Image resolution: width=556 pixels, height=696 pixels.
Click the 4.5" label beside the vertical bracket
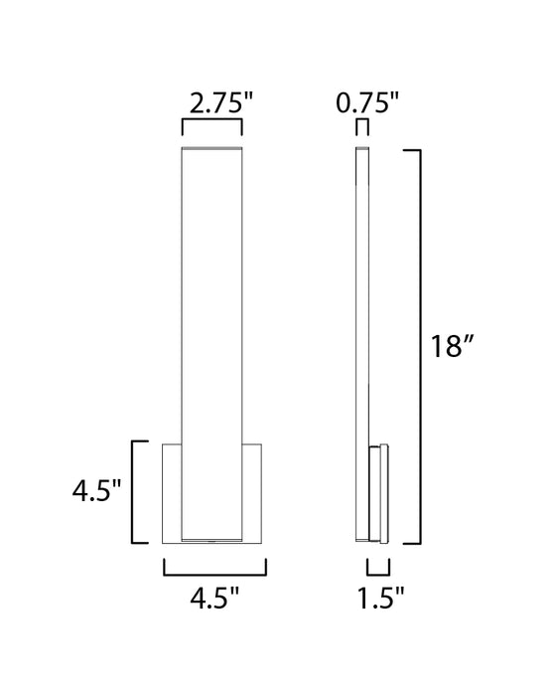tap(95, 491)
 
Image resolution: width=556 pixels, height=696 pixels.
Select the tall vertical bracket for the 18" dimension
tap(418, 346)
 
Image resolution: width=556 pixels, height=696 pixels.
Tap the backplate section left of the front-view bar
tap(172, 491)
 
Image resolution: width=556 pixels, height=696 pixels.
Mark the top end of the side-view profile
tap(363, 149)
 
